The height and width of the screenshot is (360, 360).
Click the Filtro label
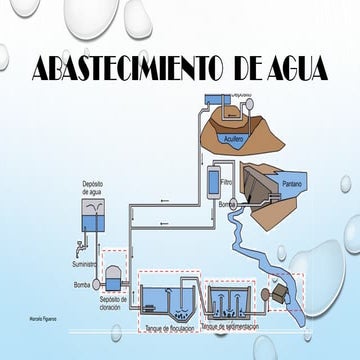point(227,183)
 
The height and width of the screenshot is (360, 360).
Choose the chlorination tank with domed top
point(112,272)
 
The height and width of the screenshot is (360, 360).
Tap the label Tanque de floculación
point(169,327)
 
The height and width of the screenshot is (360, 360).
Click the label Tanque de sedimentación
point(236,327)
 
